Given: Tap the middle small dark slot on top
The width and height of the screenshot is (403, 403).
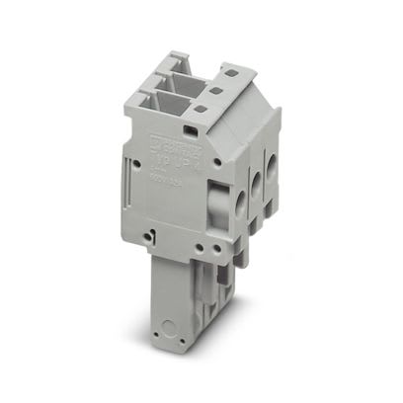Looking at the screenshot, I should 213,90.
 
